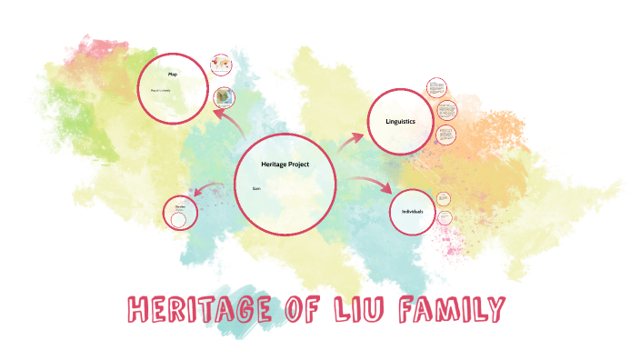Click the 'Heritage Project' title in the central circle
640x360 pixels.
(285, 163)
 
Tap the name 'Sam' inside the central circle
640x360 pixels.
(256, 188)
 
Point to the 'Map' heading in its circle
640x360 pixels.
(172, 74)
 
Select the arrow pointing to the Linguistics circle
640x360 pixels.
(351, 140)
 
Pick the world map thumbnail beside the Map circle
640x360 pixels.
(219, 65)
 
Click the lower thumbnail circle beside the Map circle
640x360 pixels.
(224, 98)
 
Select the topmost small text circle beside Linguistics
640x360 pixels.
(436, 88)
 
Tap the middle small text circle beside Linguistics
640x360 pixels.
(446, 111)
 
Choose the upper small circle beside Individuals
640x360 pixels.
(443, 198)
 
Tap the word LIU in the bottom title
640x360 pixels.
(378, 311)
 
